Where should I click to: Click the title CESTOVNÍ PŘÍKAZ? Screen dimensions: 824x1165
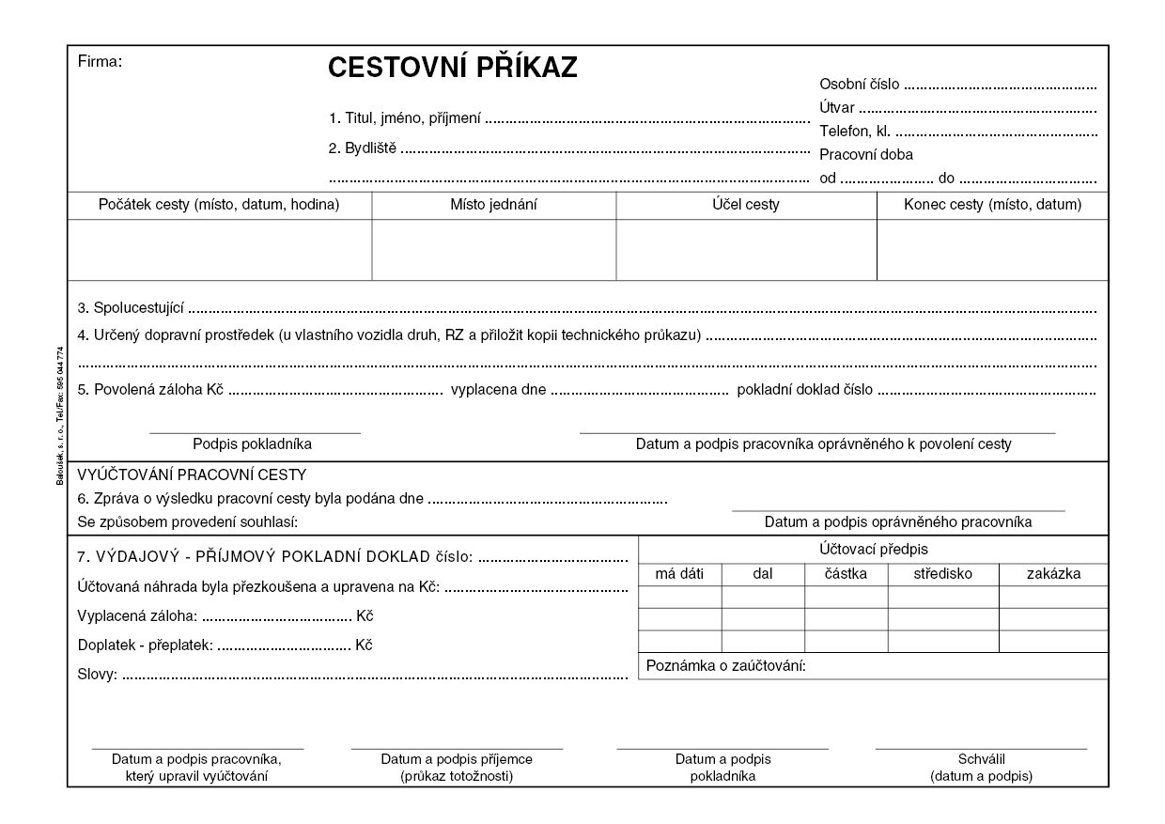tap(452, 69)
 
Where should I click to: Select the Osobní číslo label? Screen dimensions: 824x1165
tap(860, 85)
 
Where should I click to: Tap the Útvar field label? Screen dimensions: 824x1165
tap(837, 108)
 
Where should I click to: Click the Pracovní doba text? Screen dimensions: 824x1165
tap(866, 155)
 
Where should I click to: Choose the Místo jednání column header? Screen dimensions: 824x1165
tap(494, 205)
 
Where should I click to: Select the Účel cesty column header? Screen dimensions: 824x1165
tap(746, 205)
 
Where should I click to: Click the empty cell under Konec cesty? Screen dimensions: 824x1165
tap(992, 249)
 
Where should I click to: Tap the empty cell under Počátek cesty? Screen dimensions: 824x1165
tap(220, 249)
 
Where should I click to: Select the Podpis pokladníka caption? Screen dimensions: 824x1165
tap(253, 444)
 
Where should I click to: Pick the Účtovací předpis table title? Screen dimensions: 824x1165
tap(873, 549)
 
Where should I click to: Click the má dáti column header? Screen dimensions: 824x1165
tap(679, 573)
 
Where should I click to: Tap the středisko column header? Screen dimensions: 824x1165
tap(942, 573)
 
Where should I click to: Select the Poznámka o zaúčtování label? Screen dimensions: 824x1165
tap(727, 666)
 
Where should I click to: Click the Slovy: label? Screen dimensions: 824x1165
tap(96, 675)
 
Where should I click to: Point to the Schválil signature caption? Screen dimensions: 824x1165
tap(981, 759)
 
